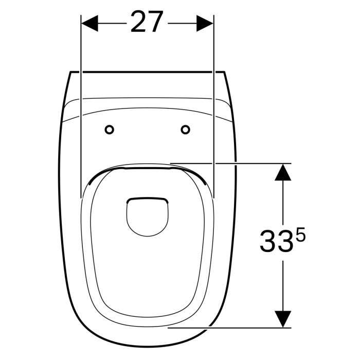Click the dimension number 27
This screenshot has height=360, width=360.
coord(147,22)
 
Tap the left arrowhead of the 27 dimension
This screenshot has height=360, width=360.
coord(89,23)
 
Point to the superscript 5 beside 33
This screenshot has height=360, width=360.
coord(301,236)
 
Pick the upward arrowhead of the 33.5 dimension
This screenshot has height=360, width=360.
coord(282,172)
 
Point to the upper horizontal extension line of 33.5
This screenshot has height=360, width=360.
coord(237,163)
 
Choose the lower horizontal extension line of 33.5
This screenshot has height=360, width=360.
coord(237,326)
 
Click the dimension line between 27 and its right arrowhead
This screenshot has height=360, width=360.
coord(182,23)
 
